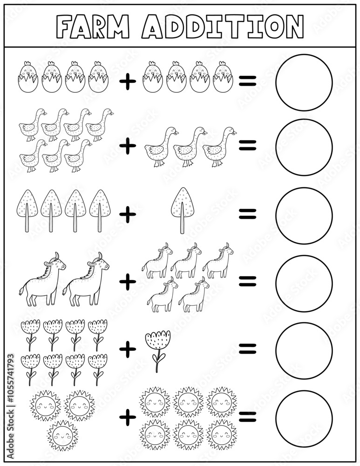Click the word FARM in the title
point(93,26)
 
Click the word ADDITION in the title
point(223,26)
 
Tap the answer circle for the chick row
point(304,82)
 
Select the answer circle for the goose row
point(304,147)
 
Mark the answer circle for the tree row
point(304,215)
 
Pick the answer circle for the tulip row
point(304,350)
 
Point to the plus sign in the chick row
point(127,82)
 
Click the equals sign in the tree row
point(248,213)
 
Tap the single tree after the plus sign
point(183,210)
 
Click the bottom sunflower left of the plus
point(62,435)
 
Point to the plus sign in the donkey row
point(127,281)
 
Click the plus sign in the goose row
point(127,146)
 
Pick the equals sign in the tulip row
point(248,348)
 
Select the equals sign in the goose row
point(248,146)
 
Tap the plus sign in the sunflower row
point(127,418)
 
